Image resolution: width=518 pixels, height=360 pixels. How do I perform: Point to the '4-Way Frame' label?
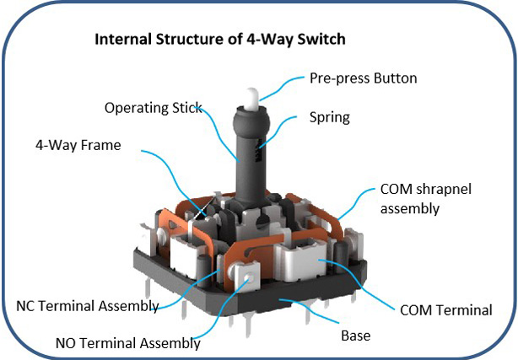pos(78,145)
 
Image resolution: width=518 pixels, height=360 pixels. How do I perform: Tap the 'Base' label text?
pos(356,335)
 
